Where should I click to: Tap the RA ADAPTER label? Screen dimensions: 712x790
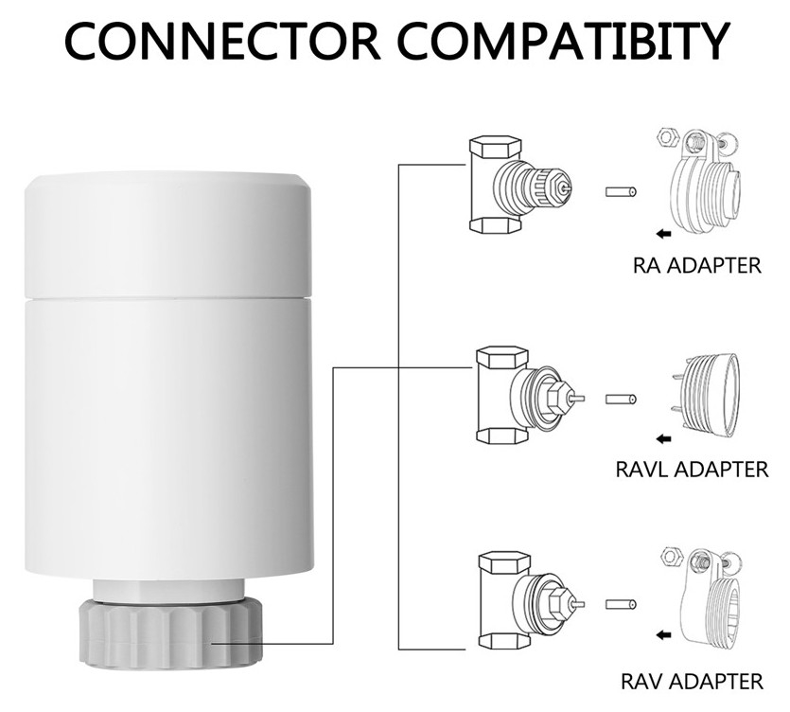(x=696, y=264)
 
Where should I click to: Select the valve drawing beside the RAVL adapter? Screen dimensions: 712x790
(x=525, y=395)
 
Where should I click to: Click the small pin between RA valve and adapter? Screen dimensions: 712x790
(x=620, y=192)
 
